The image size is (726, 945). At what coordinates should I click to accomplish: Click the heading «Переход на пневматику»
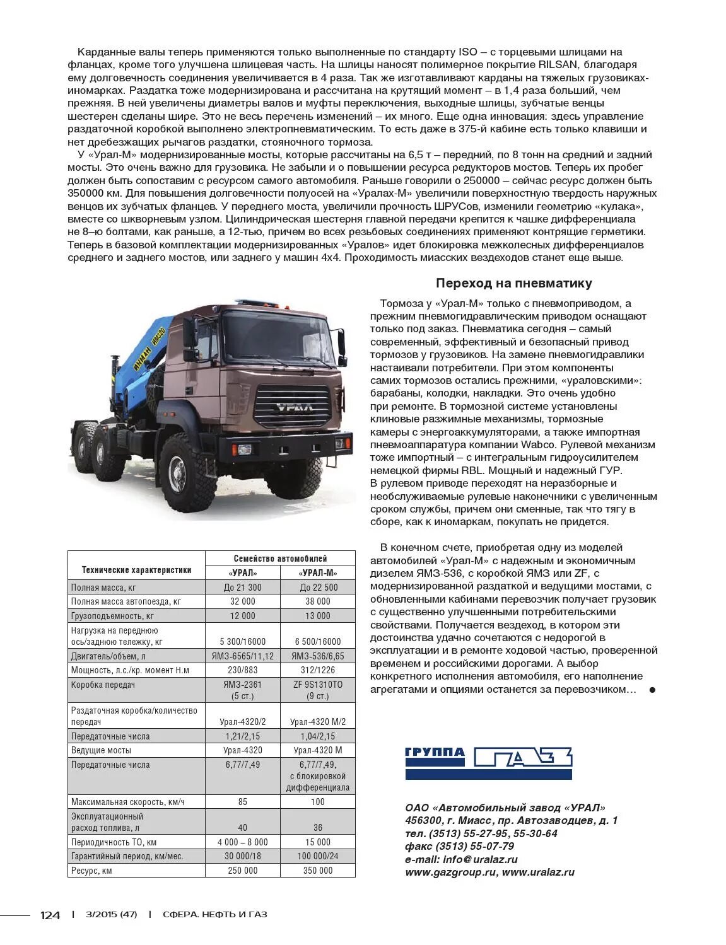513,284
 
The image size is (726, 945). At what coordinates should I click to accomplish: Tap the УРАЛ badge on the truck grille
293,407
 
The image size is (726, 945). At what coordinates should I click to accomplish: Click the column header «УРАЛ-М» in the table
318,573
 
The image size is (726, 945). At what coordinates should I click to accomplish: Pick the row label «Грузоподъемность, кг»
112,616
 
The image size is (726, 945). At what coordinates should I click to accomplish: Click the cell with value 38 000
318,601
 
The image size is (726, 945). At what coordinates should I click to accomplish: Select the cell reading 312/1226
318,670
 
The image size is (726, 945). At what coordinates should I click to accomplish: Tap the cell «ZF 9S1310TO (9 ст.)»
318,690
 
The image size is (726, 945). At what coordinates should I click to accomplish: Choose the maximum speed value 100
318,802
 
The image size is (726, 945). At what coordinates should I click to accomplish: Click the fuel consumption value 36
318,828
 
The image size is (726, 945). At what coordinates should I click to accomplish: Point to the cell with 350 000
318,871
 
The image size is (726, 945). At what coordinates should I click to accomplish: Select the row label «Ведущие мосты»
102,750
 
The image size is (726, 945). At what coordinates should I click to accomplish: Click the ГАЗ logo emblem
523,757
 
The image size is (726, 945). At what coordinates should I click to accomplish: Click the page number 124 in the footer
50,915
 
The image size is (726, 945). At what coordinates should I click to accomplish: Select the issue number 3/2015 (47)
111,915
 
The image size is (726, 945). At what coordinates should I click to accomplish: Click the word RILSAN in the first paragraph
561,65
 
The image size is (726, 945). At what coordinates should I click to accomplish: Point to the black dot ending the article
652,690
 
